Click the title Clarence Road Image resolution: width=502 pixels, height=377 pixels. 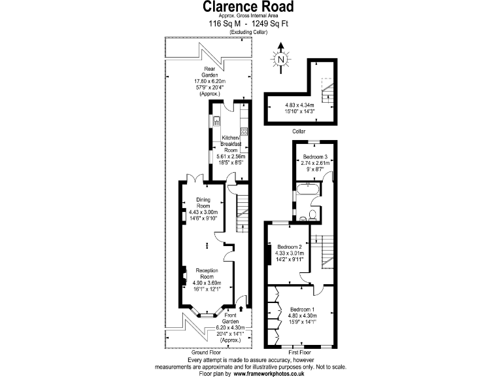pyautogui.click(x=247, y=7)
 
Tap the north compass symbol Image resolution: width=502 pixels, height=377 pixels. pyautogui.click(x=281, y=58)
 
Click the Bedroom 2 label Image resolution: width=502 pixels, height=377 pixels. pyautogui.click(x=290, y=246)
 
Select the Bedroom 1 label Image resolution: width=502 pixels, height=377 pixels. pyautogui.click(x=303, y=309)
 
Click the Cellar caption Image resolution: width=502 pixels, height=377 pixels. pyautogui.click(x=299, y=130)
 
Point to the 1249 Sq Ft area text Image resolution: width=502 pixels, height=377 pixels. pyautogui.click(x=269, y=24)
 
